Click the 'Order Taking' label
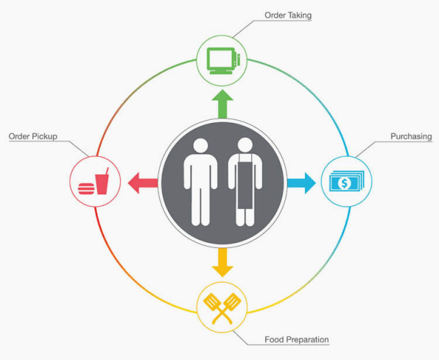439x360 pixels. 288,15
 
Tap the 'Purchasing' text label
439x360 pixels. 411,136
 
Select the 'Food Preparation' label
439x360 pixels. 297,339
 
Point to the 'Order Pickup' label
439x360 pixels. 33,136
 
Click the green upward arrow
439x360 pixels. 222,104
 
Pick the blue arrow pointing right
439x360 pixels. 301,183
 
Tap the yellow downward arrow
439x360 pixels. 222,263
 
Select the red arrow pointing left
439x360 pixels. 143,183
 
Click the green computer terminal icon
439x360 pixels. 223,61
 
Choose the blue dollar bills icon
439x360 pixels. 347,181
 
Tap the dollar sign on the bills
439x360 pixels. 345,183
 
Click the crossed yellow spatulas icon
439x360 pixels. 222,308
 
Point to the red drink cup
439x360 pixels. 102,184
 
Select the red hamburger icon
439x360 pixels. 86,188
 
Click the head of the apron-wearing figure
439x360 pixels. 245,145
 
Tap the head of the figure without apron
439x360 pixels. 200,146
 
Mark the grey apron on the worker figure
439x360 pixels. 245,181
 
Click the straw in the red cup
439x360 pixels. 107,171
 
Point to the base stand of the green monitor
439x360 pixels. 221,72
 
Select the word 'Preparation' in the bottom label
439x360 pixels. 308,340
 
